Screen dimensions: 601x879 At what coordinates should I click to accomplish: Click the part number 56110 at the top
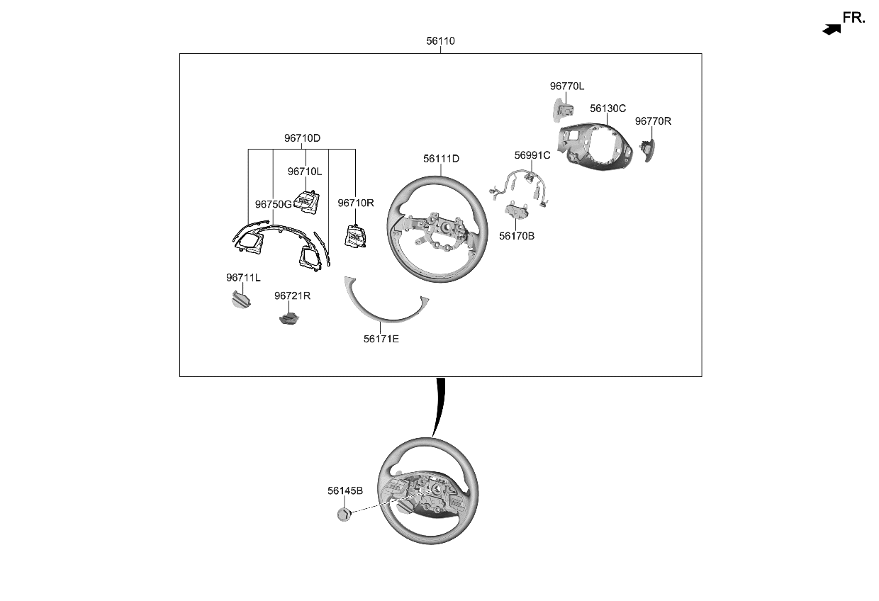point(440,41)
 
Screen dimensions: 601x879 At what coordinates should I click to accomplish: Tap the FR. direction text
point(853,18)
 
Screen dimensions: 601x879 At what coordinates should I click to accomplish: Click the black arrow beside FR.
point(832,29)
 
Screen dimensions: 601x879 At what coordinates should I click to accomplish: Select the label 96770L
point(566,86)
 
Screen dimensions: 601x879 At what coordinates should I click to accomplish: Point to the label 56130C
point(608,108)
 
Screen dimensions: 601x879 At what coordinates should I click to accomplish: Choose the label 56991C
point(532,155)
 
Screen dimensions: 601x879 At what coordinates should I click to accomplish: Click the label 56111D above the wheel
point(441,159)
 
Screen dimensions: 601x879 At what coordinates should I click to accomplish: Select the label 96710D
point(302,138)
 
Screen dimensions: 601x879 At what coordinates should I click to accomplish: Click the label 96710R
point(355,203)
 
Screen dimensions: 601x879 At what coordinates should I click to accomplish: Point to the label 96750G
point(273,204)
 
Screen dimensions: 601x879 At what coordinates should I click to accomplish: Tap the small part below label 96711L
point(242,301)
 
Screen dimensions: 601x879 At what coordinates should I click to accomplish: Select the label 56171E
point(381,339)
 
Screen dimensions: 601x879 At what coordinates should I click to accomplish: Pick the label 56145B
point(345,490)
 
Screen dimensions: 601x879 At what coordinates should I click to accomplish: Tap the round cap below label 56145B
point(344,515)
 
